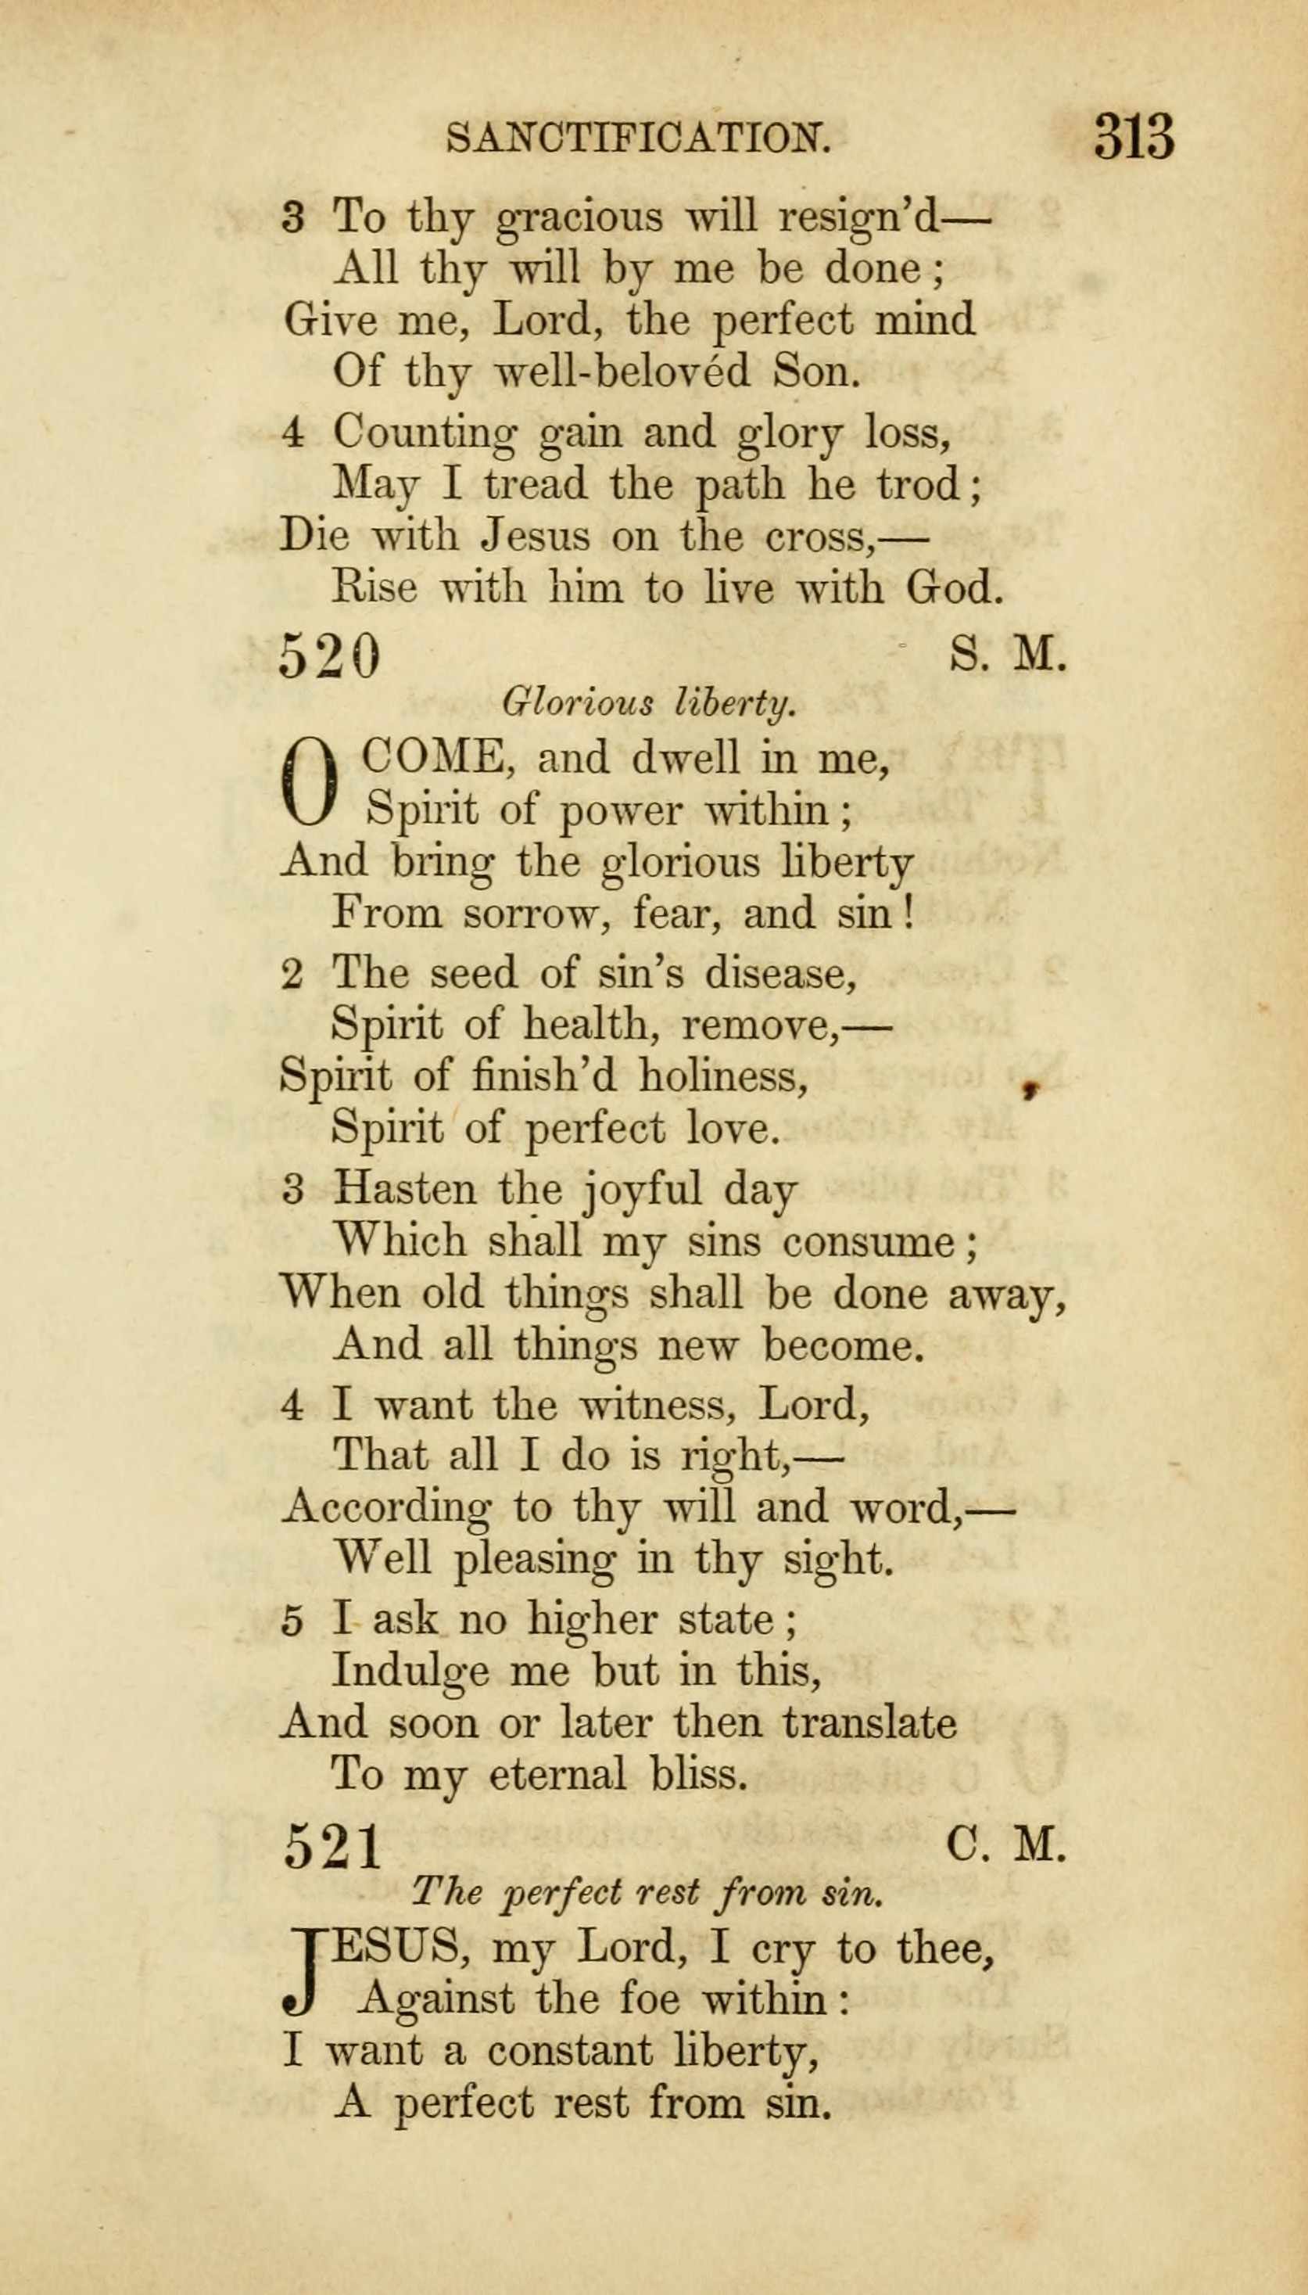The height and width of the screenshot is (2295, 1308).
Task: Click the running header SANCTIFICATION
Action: pos(637,138)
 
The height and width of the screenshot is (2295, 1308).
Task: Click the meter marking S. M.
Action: pos(1007,656)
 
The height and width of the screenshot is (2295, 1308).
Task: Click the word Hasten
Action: pos(403,1191)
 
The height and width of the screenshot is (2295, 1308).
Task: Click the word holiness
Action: pos(722,1076)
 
